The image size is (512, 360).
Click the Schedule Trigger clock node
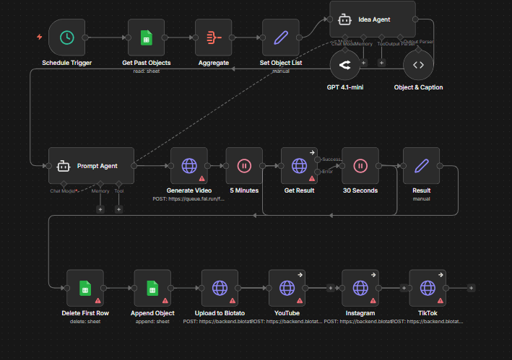click(x=66, y=38)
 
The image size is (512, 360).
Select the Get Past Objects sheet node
click(x=147, y=38)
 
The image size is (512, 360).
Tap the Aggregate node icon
click(x=213, y=38)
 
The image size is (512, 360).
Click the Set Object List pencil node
click(x=280, y=38)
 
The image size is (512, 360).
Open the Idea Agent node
click(x=373, y=19)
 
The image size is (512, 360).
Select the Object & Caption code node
click(x=418, y=66)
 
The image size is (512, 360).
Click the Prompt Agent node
click(x=92, y=165)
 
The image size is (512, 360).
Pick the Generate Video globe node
click(x=189, y=165)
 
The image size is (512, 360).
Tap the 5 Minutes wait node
click(x=244, y=165)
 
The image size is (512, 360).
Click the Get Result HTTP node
click(x=299, y=165)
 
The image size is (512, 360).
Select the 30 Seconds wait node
click(x=360, y=165)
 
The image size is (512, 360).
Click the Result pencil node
click(x=421, y=165)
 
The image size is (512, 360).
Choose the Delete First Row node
click(x=84, y=288)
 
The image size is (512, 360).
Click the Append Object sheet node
click(x=152, y=288)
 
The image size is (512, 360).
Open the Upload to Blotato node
click(x=220, y=288)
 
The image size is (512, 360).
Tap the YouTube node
click(x=287, y=288)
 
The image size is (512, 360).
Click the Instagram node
click(x=360, y=288)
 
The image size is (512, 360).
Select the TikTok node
click(x=428, y=288)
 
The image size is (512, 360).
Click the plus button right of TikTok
click(x=471, y=288)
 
